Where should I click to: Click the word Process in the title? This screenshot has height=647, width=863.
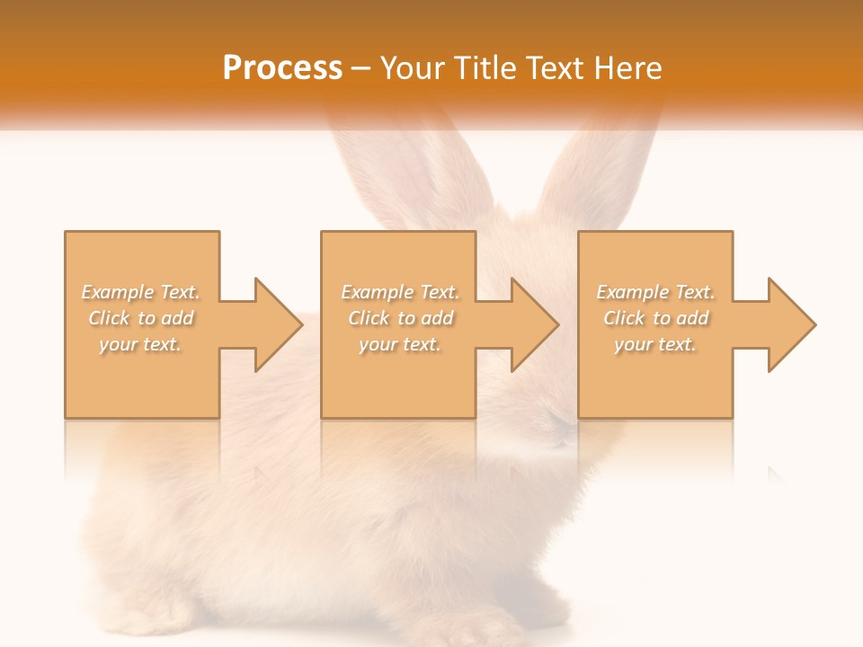point(281,67)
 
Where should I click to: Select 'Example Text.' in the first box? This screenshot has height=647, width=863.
point(141,292)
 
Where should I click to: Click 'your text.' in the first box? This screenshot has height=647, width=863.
point(141,344)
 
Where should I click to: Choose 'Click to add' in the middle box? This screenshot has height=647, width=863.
point(400,318)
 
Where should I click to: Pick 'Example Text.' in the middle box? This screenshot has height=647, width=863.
point(400,292)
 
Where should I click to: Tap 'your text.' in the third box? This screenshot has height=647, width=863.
point(655,344)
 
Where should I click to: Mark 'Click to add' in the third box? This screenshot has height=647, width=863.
point(655,318)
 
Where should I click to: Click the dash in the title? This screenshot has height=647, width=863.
point(361,68)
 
